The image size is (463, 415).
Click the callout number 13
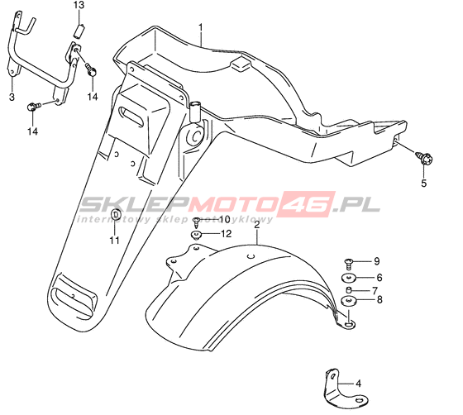coord(79,5)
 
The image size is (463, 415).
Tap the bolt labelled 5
coord(424,158)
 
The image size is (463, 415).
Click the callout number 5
coord(423,184)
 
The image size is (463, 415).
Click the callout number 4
coord(359,384)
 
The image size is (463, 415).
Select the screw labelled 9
coord(349,264)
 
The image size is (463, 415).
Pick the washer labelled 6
coord(349,278)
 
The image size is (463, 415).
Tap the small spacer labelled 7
coord(349,290)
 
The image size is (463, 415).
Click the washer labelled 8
coord(349,301)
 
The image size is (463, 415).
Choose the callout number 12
coord(227,234)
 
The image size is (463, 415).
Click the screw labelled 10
coord(196,222)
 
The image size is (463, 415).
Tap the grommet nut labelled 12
coord(196,235)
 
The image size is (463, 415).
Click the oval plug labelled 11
coord(116,215)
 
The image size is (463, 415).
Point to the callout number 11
coord(114,241)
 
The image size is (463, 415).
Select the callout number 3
coord(12,97)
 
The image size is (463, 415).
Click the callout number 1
coord(201,27)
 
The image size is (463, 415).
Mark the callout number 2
coord(257,225)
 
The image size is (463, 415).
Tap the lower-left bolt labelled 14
coord(32,107)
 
